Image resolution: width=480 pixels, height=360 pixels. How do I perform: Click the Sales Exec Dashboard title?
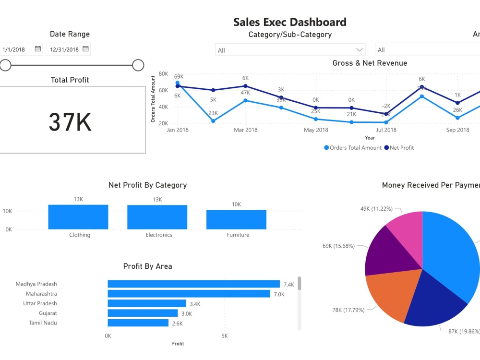click(x=289, y=22)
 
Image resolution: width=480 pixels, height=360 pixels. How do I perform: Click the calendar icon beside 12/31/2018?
click(x=85, y=49)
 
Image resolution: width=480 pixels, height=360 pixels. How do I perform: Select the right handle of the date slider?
click(x=138, y=65)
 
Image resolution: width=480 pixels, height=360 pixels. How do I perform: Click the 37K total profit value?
click(x=70, y=122)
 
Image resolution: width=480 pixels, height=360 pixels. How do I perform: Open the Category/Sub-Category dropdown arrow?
click(x=359, y=50)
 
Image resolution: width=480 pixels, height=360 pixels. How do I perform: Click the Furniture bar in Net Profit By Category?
click(x=236, y=219)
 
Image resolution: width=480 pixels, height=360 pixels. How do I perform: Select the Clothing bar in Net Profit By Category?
click(x=78, y=217)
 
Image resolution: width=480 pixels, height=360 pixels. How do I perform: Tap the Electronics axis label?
click(x=159, y=235)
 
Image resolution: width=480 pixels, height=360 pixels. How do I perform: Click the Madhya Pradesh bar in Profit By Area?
click(x=193, y=284)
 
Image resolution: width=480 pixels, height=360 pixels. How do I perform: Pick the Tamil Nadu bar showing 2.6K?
click(x=138, y=323)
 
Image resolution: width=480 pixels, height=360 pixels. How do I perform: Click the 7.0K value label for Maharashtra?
click(x=279, y=294)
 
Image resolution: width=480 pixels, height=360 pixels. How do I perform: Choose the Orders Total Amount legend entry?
click(x=353, y=148)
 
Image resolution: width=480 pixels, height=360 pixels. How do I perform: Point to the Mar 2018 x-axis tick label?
click(x=245, y=130)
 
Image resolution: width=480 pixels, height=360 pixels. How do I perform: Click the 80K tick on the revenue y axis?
click(x=163, y=74)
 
